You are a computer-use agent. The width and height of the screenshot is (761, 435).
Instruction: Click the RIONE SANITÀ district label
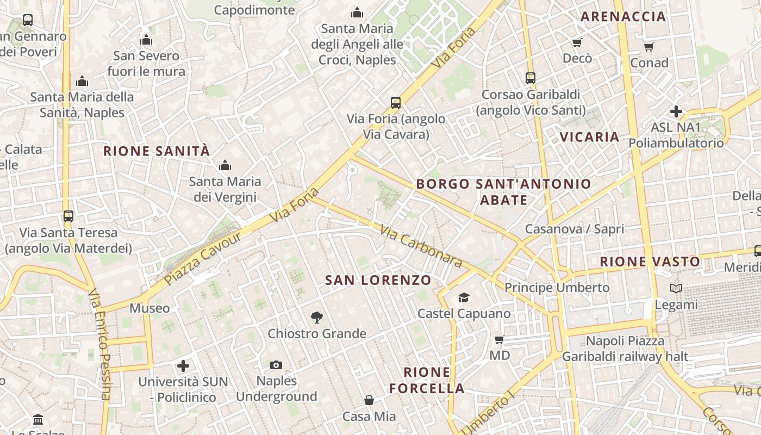[157, 151]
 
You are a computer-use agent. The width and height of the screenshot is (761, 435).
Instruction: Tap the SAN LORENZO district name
[378, 280]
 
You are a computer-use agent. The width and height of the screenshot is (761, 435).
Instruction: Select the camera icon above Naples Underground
[276, 365]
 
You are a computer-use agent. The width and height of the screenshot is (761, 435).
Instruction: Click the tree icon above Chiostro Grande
[316, 317]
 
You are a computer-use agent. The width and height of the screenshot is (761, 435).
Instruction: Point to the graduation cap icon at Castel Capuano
[464, 297]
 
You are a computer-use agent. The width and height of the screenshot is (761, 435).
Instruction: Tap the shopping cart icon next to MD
[500, 339]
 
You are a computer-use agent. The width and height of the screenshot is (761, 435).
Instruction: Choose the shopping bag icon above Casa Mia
[369, 400]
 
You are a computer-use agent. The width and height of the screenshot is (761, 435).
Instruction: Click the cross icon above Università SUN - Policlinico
[183, 365]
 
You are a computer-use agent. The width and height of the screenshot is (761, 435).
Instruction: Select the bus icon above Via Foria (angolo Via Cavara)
[396, 102]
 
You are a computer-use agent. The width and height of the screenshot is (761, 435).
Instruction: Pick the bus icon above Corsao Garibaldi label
[531, 78]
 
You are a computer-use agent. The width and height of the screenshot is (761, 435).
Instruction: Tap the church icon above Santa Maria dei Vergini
[225, 165]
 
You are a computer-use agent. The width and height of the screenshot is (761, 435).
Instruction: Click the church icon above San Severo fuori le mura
[146, 40]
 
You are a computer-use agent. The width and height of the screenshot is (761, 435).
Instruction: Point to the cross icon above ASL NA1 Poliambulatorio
[676, 111]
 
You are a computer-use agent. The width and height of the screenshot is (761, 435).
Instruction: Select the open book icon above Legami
[676, 289]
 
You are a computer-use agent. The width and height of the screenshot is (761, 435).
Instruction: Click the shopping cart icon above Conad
[648, 47]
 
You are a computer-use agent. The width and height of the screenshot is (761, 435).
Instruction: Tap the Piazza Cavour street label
[202, 258]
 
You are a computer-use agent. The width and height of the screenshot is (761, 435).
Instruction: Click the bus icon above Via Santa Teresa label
[68, 216]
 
